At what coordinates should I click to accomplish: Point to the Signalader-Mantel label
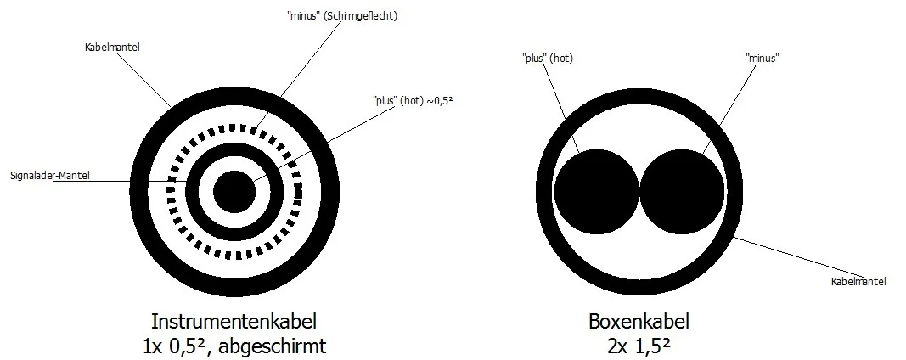pyautogui.click(x=50, y=175)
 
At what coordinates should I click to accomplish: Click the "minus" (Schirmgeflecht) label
pyautogui.click(x=342, y=16)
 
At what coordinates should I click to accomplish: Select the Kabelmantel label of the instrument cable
pyautogui.click(x=112, y=48)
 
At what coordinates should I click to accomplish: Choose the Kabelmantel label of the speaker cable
pyautogui.click(x=858, y=281)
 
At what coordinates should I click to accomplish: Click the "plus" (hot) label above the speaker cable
pyautogui.click(x=547, y=58)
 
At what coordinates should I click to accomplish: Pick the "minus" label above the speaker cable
pyautogui.click(x=763, y=58)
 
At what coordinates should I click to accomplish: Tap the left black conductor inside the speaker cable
pyautogui.click(x=597, y=191)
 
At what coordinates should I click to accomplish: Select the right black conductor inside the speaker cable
pyautogui.click(x=682, y=191)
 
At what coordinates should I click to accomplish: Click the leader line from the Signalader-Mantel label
pyautogui.click(x=121, y=182)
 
